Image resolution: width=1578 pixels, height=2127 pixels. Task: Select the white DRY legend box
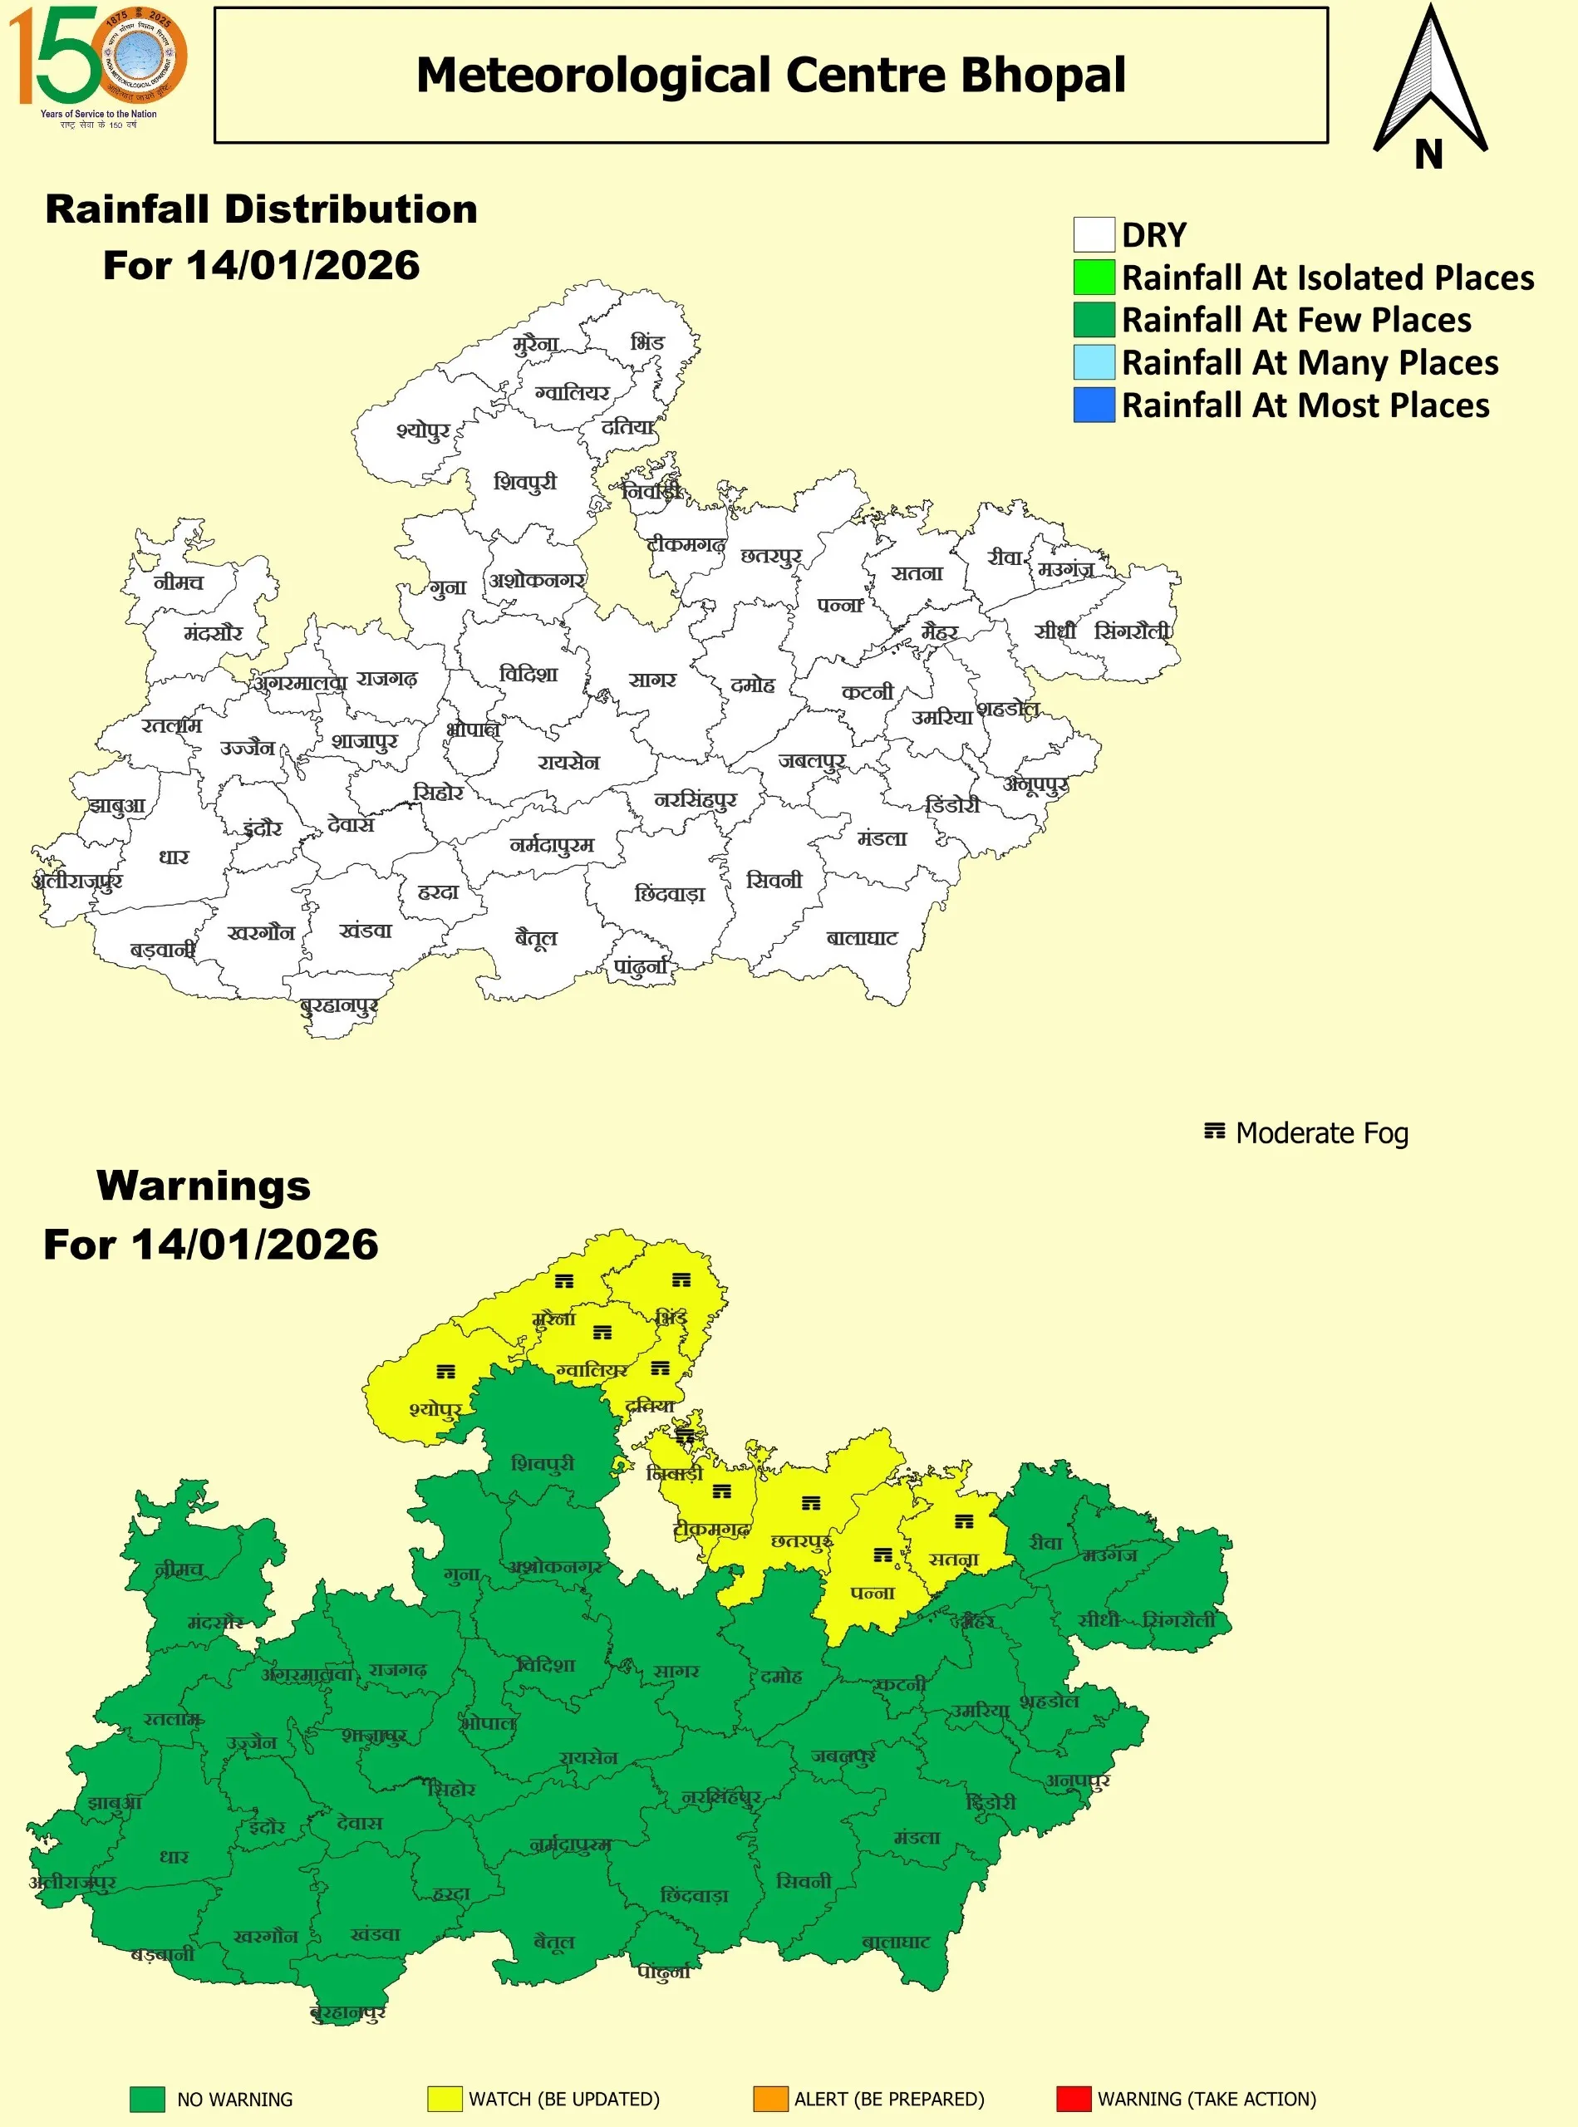[x=1094, y=234]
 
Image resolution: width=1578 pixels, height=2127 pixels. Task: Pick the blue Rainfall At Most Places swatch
[x=1094, y=404]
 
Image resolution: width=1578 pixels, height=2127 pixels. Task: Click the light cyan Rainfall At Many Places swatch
[x=1094, y=362]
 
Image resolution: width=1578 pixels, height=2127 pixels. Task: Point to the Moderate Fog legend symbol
[x=1214, y=1131]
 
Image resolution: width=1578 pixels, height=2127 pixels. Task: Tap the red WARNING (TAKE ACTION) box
[x=1074, y=2099]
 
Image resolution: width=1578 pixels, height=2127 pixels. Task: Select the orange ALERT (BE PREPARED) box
[x=770, y=2099]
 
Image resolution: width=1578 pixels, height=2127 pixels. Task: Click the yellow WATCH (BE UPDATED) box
[x=445, y=2099]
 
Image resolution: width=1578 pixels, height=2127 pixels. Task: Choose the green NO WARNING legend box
[x=147, y=2099]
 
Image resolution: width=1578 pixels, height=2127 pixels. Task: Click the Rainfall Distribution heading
[x=261, y=209]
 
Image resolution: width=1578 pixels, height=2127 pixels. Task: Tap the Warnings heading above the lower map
[x=204, y=1186]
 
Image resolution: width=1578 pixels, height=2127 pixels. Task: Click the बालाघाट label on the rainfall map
[x=862, y=938]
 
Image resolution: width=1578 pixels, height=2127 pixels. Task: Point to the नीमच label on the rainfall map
[x=179, y=582]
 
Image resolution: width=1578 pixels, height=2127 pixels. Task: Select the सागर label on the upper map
[x=652, y=680]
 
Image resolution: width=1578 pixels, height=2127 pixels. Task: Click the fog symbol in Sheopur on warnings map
[x=446, y=1372]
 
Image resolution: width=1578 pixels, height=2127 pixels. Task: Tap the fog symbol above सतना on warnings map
[x=965, y=1520]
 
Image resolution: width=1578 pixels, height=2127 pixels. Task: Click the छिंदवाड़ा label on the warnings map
[x=695, y=1895]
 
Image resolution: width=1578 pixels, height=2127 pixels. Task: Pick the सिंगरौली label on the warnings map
[x=1179, y=1620]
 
